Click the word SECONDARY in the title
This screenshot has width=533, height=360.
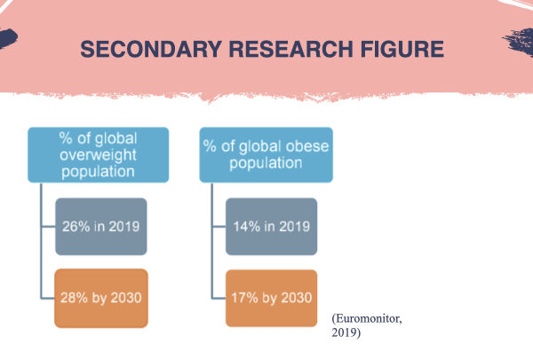click(151, 49)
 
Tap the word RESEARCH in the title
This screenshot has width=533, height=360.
click(291, 49)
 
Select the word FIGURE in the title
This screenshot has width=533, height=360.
click(402, 49)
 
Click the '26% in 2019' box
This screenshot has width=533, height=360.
click(101, 227)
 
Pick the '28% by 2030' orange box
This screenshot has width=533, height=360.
click(101, 298)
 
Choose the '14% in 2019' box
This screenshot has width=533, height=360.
click(271, 227)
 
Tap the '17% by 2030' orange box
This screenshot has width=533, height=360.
click(271, 298)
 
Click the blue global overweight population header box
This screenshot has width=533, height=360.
click(98, 155)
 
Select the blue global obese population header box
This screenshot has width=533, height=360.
click(266, 155)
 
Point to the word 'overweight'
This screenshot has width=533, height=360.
click(98, 155)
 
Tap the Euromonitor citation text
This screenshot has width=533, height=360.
click(367, 325)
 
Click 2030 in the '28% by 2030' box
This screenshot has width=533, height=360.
click(126, 298)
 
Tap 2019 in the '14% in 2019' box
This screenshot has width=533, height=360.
click(295, 227)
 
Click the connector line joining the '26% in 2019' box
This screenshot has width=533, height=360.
click(48, 226)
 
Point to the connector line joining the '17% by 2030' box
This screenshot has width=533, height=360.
click(219, 298)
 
